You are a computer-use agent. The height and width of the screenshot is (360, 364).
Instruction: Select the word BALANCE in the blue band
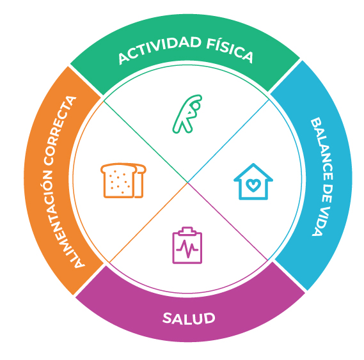point(322,150)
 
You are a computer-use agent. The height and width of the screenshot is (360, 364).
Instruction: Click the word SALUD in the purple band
point(189,318)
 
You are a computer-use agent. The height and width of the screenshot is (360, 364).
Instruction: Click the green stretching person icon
point(187,114)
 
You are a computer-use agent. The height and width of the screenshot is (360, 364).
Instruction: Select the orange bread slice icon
point(123,180)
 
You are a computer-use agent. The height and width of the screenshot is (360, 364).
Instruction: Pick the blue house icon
point(253,182)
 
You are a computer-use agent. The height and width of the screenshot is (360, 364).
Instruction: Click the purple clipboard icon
point(187,246)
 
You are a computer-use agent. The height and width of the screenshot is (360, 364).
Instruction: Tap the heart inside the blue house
point(253,185)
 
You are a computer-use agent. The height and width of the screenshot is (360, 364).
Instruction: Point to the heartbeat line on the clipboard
point(187,249)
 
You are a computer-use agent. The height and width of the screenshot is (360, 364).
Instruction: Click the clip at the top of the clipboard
point(187,231)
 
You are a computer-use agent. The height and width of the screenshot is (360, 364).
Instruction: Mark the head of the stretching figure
point(196,106)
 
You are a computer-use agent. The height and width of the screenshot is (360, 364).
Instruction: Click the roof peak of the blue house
point(253,164)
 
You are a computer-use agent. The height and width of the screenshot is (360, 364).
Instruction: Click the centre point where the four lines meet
point(187,182)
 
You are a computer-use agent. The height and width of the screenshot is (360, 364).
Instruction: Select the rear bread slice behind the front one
point(139,181)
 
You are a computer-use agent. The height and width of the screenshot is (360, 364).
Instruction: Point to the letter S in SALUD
point(167,318)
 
